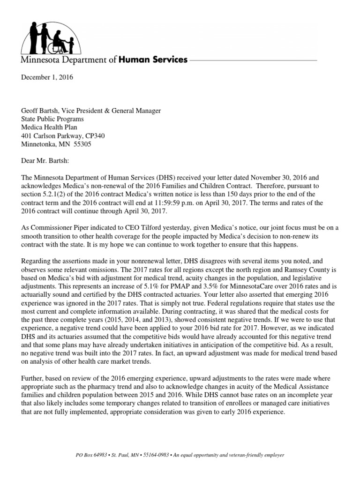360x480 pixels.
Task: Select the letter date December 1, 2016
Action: (46, 77)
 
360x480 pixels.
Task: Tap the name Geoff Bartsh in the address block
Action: (39, 111)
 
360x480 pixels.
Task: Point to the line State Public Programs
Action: (51, 119)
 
